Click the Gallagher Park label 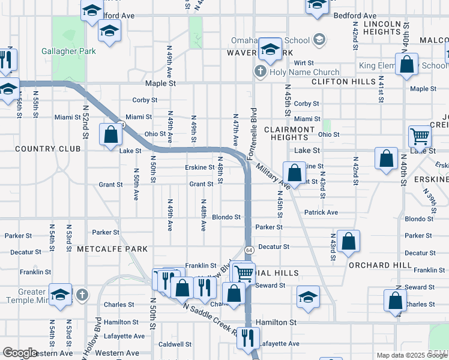point(68,51)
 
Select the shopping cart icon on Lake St point(420,136)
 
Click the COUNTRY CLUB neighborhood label point(38,148)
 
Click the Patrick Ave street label point(321,212)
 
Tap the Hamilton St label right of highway point(276,322)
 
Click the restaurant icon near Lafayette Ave point(248,338)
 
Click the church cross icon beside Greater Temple point(82,295)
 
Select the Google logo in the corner point(20,353)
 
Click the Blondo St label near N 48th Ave point(226,217)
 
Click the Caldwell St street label point(175,344)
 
